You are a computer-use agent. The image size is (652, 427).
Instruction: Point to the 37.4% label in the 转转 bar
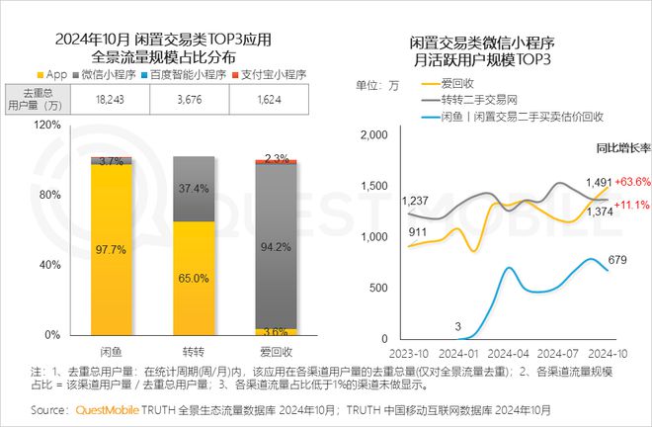click(194, 188)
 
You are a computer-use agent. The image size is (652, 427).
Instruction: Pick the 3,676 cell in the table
click(194, 100)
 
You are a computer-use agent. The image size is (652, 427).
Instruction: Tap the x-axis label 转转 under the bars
click(194, 351)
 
